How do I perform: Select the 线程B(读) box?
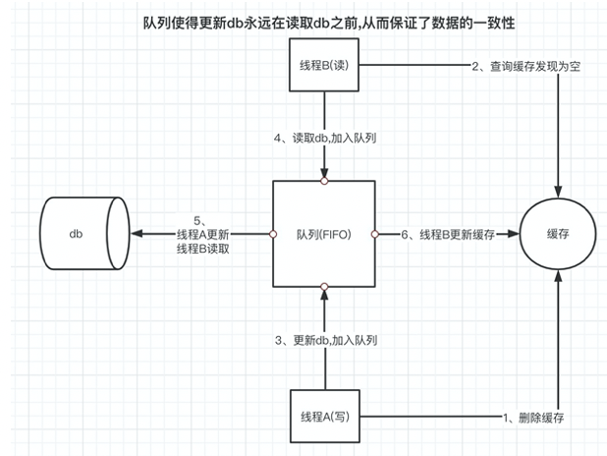(323, 69)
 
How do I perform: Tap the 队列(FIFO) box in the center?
(323, 234)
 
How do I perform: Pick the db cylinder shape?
(83, 234)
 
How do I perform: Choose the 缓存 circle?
(559, 234)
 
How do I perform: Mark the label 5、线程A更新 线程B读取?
(202, 234)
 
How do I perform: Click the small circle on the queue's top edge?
(323, 181)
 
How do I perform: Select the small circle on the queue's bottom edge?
(323, 287)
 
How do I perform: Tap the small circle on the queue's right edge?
(374, 234)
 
